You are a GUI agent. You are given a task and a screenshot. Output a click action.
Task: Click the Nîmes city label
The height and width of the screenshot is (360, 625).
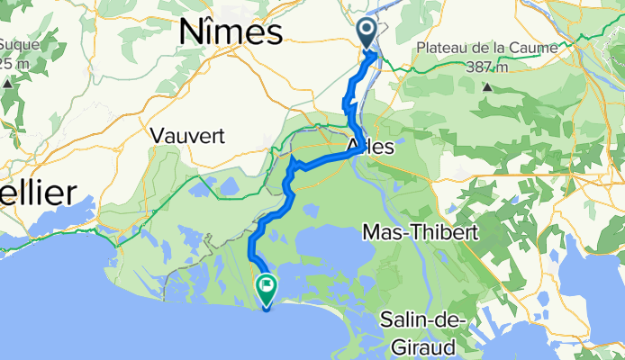231,32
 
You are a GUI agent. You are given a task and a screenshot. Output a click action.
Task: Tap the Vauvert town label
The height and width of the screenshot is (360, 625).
187,135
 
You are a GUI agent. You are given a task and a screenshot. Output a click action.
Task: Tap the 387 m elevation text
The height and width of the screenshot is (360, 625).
487,67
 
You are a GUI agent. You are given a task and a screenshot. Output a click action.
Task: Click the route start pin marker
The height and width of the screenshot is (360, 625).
369,33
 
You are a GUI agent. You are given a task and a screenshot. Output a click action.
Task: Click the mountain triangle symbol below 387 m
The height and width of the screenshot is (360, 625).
487,87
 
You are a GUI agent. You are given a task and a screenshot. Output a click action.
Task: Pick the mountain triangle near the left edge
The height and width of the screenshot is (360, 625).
7,83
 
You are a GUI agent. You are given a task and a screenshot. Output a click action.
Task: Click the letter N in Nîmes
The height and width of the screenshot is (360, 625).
190,32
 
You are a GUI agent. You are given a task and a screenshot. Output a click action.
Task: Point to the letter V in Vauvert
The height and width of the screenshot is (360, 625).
158,135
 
